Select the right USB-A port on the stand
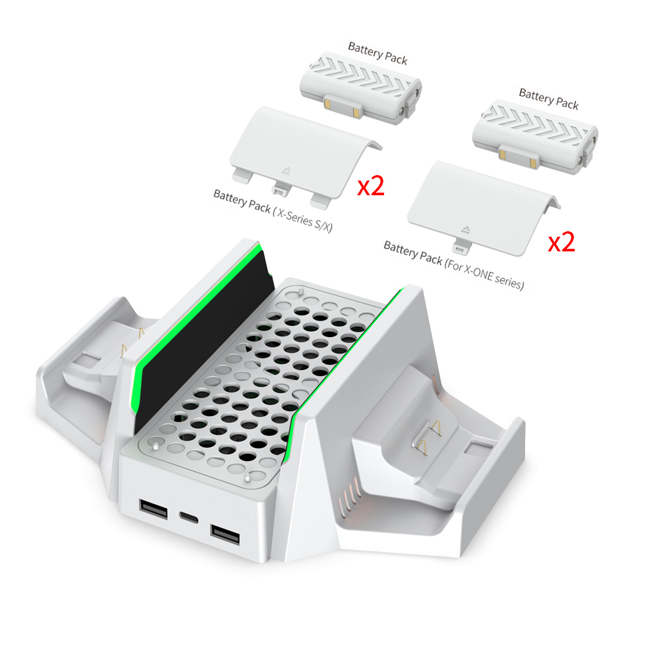coord(224,534)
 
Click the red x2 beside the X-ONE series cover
coord(561,242)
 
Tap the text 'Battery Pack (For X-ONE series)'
coord(454,265)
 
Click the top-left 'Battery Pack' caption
coord(377,53)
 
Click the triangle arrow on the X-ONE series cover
coord(466,229)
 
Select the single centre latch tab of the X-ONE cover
coord(462,248)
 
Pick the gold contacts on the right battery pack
coord(517,153)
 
